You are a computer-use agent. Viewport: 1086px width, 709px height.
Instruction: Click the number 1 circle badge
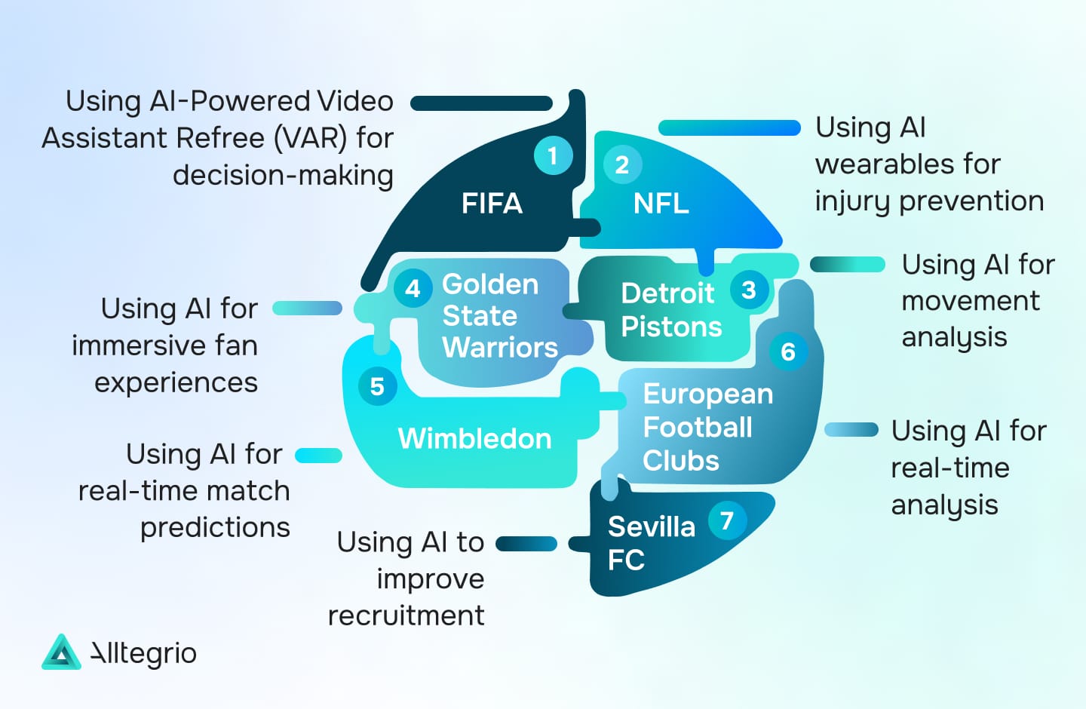554,155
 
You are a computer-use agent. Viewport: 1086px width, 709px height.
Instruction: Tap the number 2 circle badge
622,165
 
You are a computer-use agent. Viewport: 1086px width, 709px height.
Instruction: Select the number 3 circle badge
749,290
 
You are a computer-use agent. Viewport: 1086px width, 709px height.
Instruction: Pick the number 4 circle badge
413,289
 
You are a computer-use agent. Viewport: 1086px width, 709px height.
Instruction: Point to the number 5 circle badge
377,386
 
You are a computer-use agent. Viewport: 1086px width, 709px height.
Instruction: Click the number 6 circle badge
788,351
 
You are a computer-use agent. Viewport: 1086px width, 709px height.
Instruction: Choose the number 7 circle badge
727,521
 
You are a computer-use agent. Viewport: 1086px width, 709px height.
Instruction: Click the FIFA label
492,203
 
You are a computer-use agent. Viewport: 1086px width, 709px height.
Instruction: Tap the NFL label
661,203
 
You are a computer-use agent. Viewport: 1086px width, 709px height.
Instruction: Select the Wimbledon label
474,438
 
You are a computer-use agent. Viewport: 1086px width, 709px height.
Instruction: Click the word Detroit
667,293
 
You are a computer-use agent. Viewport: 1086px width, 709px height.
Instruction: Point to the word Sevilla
652,526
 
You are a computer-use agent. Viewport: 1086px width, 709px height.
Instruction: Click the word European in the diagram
708,394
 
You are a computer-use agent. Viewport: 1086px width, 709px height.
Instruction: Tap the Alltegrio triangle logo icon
61,652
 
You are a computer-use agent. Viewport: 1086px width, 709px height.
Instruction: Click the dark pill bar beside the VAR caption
481,103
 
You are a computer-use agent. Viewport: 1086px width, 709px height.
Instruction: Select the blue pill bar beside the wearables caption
729,127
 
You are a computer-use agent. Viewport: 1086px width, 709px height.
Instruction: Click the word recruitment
406,616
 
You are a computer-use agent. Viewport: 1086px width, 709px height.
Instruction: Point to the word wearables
907,164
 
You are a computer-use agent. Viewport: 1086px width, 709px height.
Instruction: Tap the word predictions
215,528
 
